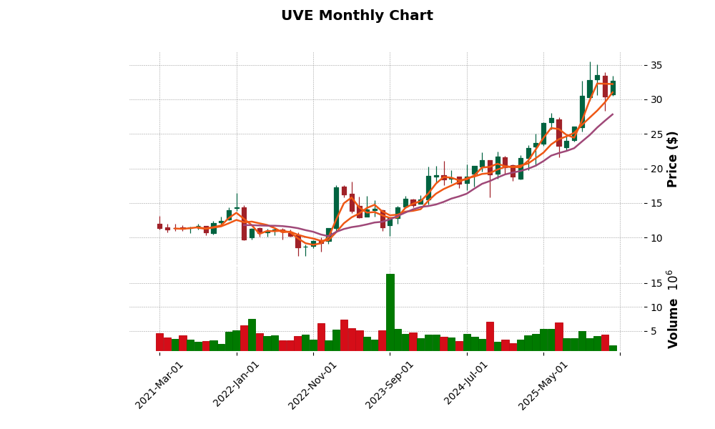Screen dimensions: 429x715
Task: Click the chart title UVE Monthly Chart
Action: click(357, 16)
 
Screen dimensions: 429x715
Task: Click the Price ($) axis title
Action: click(672, 159)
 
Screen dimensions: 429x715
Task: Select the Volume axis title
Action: click(672, 309)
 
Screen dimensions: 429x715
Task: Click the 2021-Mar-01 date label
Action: click(160, 385)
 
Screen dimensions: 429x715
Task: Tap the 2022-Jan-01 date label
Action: click(237, 385)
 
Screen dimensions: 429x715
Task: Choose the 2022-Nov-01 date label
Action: click(313, 385)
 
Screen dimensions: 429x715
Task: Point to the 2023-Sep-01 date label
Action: click(390, 385)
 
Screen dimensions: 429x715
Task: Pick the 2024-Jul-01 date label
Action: click(466, 385)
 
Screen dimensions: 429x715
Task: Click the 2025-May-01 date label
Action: click(543, 385)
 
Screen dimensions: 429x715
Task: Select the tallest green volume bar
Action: click(390, 312)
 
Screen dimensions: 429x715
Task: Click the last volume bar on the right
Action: click(613, 348)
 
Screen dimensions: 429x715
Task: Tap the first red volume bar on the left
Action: click(159, 342)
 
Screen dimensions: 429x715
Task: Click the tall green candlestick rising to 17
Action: click(336, 208)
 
